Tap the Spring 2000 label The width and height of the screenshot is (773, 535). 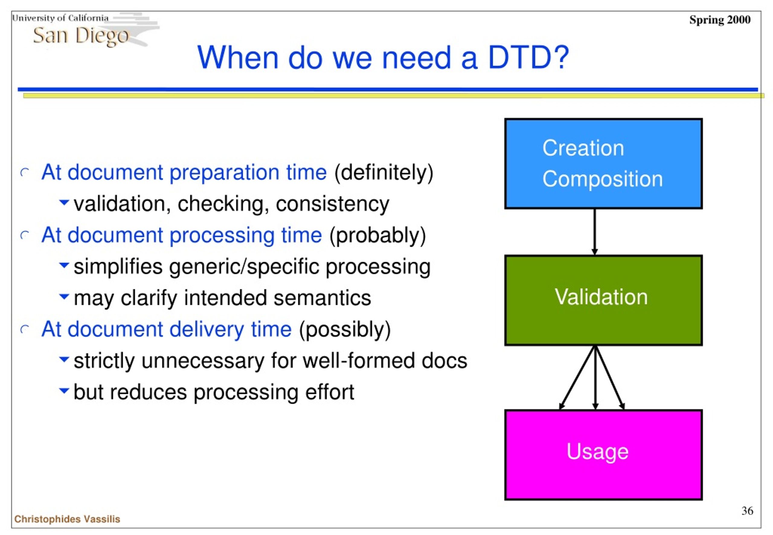point(720,20)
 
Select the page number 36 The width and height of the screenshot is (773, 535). point(747,511)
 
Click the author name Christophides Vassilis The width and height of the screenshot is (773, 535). point(67,519)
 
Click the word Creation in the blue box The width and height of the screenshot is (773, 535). point(583,148)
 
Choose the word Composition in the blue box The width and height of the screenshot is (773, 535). point(603,179)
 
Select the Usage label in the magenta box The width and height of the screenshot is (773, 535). point(597,452)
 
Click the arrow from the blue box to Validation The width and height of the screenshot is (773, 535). point(595,232)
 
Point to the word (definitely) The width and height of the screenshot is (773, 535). point(384,173)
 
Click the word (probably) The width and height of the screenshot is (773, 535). point(378,235)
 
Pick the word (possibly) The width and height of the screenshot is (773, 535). point(345,330)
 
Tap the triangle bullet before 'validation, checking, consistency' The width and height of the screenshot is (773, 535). point(64,202)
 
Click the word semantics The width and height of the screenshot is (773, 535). point(322,298)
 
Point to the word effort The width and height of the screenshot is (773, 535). point(329,392)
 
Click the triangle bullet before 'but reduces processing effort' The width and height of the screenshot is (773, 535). point(64,390)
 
